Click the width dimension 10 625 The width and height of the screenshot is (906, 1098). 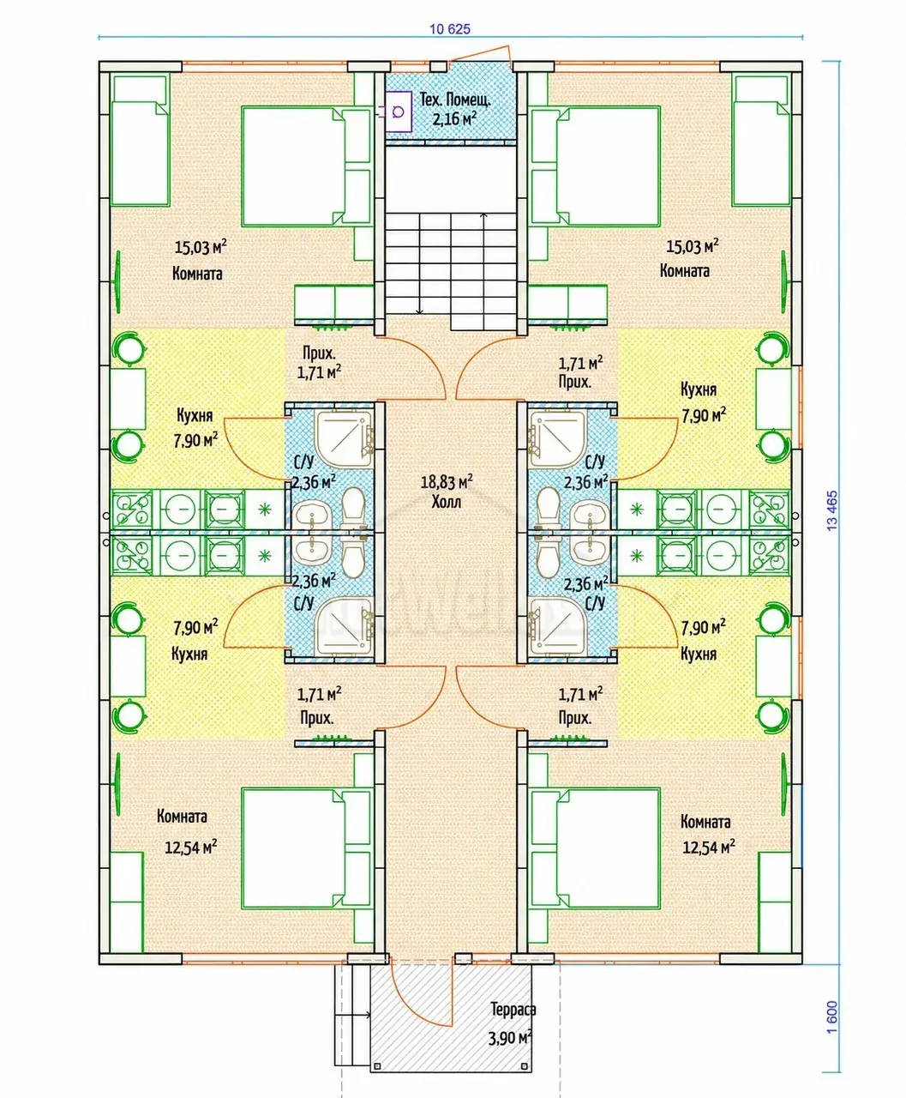[450, 29]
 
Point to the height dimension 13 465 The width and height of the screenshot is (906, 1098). [832, 510]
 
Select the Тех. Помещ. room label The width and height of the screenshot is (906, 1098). [455, 100]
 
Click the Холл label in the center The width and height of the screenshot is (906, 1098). [447, 502]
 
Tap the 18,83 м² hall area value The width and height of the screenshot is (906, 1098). [447, 481]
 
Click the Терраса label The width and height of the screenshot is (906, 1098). [513, 1009]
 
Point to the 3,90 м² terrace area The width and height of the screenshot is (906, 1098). [510, 1038]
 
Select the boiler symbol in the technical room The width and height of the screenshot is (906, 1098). [398, 111]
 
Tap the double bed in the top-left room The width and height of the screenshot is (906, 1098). [306, 166]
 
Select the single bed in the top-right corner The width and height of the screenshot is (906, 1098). [761, 140]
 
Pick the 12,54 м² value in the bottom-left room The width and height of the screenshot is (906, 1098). [191, 848]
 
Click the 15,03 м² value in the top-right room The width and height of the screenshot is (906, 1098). [692, 245]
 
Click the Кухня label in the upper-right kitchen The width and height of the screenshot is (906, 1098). [699, 389]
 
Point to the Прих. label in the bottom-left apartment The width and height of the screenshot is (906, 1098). [317, 718]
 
